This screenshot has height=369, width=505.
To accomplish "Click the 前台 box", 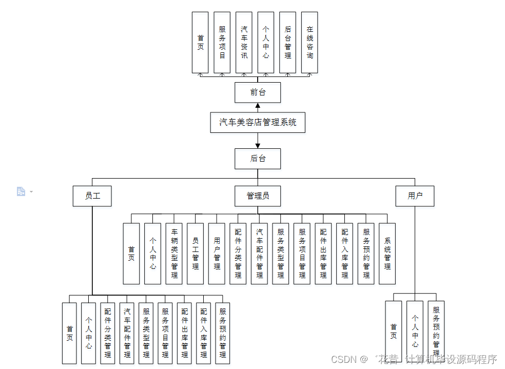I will (258, 92).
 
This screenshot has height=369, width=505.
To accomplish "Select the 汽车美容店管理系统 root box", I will (258, 123).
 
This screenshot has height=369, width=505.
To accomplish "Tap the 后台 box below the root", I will (258, 159).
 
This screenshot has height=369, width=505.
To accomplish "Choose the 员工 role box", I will (92, 196).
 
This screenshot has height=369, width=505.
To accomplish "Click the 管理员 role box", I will (258, 196).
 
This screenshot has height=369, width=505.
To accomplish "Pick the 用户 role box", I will (415, 196).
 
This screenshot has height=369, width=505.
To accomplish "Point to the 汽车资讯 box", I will (244, 43).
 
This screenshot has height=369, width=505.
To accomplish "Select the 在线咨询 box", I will (309, 43).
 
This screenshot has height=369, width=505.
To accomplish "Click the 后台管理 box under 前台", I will (287, 43).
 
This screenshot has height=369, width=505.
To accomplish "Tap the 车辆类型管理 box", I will (174, 254).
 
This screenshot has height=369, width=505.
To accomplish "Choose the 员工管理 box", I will (195, 254).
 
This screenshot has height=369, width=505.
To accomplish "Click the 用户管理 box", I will (217, 254).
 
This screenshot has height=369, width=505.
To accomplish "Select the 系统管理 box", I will (387, 254).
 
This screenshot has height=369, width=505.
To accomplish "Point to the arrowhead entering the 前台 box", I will (258, 106).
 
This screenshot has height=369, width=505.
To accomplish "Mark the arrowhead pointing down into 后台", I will (258, 145).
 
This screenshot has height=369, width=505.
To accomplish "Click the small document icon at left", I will (21, 191).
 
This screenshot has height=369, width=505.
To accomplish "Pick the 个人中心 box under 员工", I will (89, 333).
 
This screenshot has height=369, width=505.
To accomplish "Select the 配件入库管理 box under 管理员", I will (344, 254).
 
